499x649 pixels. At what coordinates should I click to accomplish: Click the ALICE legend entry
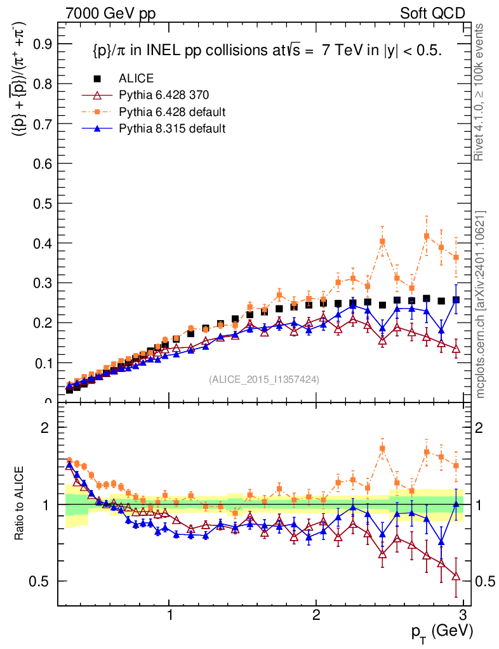136,79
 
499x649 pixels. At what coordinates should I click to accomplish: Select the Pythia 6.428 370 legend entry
164,95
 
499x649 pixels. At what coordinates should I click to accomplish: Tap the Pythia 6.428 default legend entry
172,112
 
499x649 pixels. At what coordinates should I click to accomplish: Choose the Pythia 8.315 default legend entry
172,129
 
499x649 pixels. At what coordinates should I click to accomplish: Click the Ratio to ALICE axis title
21,503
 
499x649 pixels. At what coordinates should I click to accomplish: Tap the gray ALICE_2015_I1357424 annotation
263,380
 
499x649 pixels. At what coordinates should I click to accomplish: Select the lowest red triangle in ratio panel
456,575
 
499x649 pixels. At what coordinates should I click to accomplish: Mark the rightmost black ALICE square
456,300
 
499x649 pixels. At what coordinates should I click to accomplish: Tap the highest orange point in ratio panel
383,448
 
